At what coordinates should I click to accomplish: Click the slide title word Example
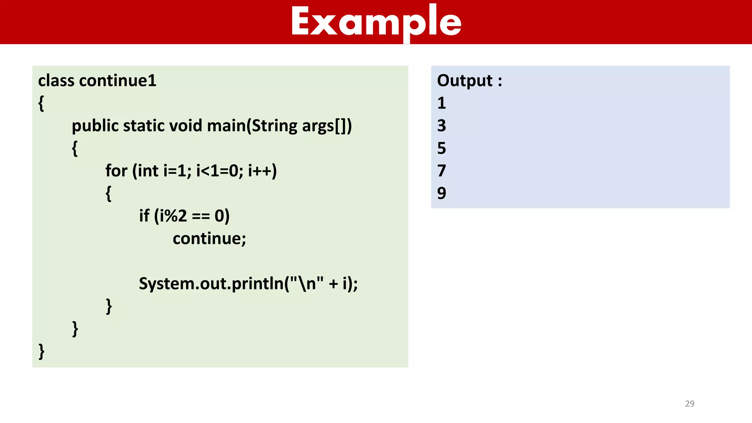[x=376, y=22]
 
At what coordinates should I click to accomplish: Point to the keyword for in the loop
[x=116, y=171]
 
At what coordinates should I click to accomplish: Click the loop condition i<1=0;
[x=219, y=171]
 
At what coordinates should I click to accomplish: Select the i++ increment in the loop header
[x=261, y=171]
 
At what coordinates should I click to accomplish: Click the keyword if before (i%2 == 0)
[x=144, y=216]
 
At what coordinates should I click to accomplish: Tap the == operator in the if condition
[x=201, y=216]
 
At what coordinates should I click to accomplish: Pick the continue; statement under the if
[x=209, y=239]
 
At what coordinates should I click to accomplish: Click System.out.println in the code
[x=211, y=284]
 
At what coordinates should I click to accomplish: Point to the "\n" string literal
[x=306, y=283]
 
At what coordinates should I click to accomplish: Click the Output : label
[x=469, y=81]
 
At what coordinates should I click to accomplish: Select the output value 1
[x=441, y=103]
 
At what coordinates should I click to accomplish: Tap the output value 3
[x=441, y=126]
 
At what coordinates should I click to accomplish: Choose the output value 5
[x=441, y=148]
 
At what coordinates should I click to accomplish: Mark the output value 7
[x=441, y=171]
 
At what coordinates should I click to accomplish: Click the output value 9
[x=441, y=194]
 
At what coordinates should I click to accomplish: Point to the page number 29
[x=690, y=404]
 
